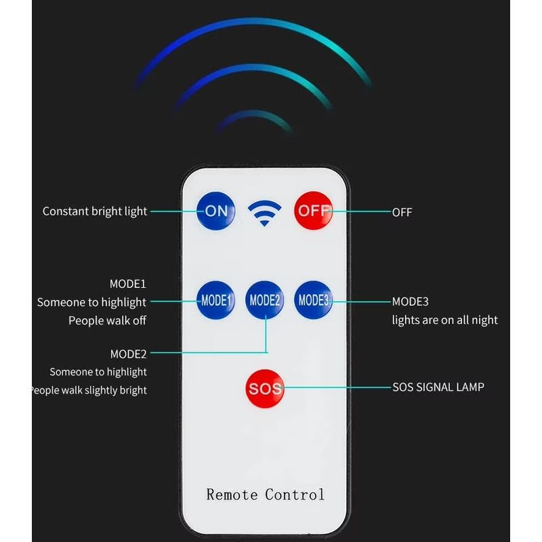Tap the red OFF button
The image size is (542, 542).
click(x=313, y=210)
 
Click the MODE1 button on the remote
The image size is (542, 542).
click(x=216, y=300)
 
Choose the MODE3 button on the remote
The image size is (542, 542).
click(x=314, y=299)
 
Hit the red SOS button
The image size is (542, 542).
click(x=265, y=389)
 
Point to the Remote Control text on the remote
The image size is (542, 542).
click(x=266, y=494)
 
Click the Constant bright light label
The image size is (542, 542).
click(x=95, y=211)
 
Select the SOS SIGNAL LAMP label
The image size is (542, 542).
click(x=438, y=388)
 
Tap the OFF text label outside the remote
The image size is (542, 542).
click(x=402, y=212)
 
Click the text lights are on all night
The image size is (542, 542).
click(x=444, y=320)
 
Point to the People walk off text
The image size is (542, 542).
click(x=107, y=320)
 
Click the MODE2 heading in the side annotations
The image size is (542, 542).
click(x=128, y=354)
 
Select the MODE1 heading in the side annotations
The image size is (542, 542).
click(x=128, y=284)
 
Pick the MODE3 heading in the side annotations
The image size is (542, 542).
click(x=410, y=301)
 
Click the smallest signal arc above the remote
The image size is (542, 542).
click(x=254, y=117)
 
